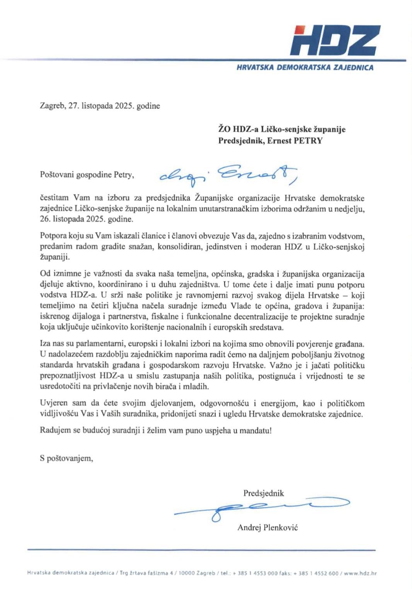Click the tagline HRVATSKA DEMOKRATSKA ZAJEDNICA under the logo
coord(305,68)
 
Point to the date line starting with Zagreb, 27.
coord(100,106)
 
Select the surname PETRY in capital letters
coord(308,141)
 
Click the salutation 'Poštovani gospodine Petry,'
coord(87,175)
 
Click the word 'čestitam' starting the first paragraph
coord(54,198)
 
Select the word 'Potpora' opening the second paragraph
coord(52,236)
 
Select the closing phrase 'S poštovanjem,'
coord(66,459)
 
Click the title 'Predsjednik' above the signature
coord(264,493)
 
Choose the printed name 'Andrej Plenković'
coord(267,527)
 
